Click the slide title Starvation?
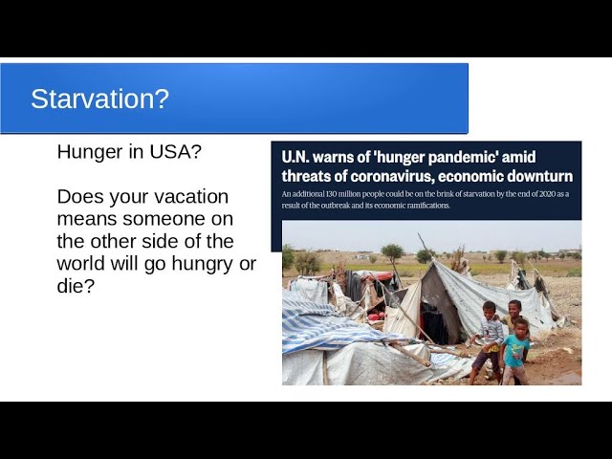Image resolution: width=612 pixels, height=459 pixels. (x=99, y=98)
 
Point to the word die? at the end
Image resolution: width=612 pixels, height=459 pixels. (x=76, y=286)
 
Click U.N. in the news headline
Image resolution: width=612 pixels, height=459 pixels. (x=295, y=157)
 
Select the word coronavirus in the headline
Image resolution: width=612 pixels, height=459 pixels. (x=391, y=176)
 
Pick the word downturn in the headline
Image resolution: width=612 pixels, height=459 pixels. (x=540, y=176)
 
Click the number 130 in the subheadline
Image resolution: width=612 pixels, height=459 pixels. (x=331, y=194)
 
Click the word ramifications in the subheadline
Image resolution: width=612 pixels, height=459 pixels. (x=428, y=206)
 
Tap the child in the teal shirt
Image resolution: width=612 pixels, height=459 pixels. (x=514, y=351)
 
